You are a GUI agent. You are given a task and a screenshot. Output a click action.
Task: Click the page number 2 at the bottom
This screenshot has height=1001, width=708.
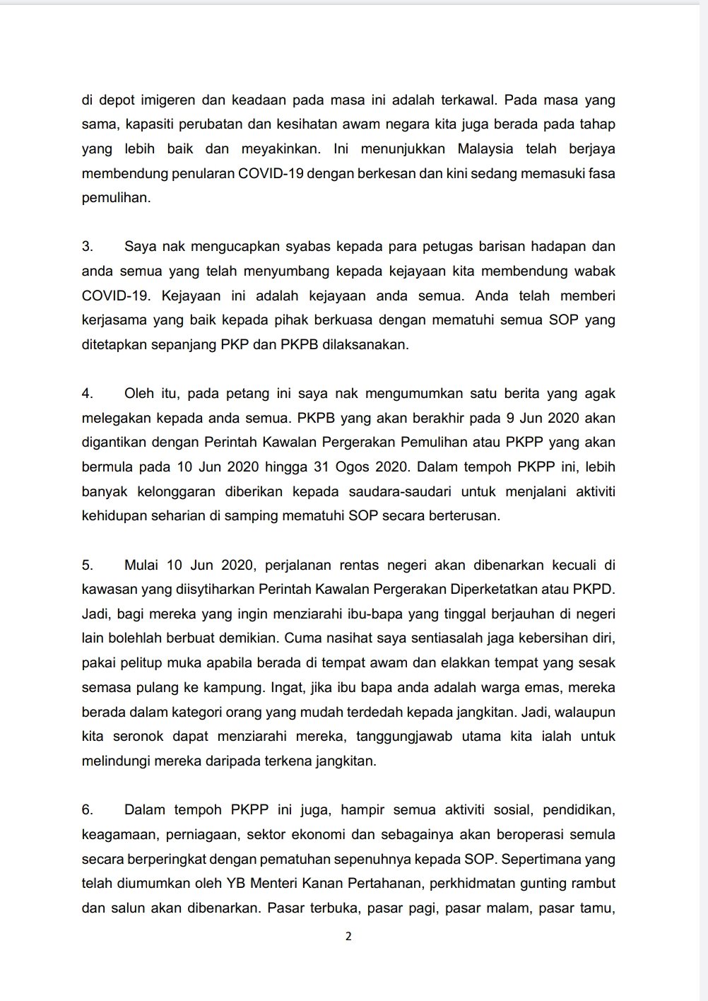point(347,937)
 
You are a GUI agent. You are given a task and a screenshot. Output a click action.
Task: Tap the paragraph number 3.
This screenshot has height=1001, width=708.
point(88,247)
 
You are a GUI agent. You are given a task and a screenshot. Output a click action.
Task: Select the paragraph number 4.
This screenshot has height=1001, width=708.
point(88,394)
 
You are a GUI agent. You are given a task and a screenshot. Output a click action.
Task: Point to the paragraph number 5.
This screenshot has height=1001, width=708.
point(88,565)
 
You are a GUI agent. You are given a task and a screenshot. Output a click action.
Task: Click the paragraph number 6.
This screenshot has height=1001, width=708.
point(88,809)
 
